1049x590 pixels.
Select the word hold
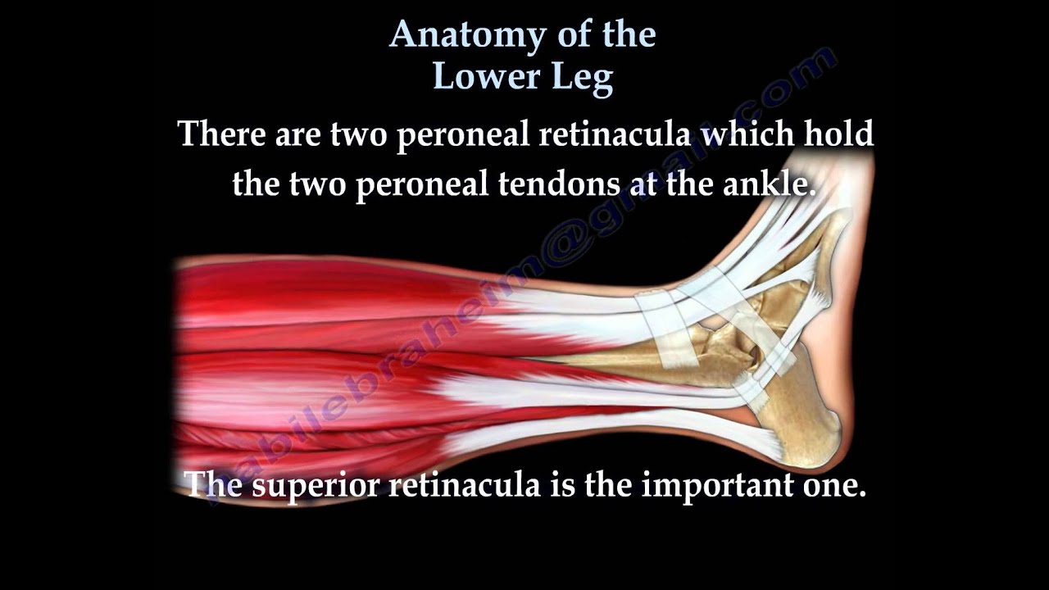838,133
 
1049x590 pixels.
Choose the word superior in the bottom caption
316,485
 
